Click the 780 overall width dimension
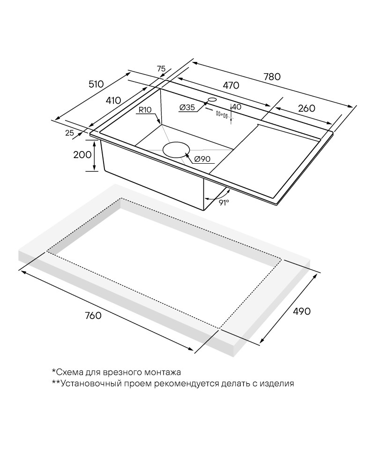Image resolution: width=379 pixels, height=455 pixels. coord(272,76)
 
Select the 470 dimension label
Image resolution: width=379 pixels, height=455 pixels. coord(231,85)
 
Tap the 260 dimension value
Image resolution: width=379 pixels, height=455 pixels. coord(306,108)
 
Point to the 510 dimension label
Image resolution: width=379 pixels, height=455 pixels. coord(96,84)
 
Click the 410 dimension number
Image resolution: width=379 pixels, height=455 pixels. coord(113,100)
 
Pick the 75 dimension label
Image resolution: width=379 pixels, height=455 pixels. coord(161,69)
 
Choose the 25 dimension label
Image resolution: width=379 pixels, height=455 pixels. coord(69,133)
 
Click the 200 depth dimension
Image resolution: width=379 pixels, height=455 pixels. coord(82,155)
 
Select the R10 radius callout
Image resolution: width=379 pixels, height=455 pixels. coord(145,110)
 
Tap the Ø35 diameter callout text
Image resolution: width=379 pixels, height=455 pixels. coord(187,107)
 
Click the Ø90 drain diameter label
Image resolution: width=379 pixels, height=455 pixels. coord(202,159)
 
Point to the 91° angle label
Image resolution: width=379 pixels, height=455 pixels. coord(223,202)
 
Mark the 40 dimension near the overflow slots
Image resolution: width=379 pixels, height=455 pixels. coord(237,107)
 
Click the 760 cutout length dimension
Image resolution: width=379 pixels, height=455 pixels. coord(93,315)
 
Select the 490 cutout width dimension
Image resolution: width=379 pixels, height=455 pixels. coord(302,311)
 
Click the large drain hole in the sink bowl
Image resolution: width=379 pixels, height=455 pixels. coord(176,150)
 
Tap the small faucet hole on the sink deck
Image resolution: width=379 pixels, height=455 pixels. coord(212,99)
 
